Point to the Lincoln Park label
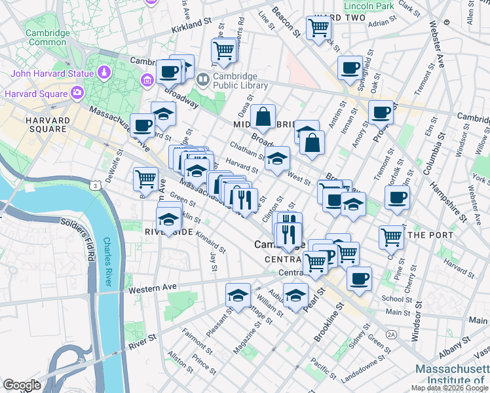[368, 6]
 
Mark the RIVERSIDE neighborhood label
[168, 233]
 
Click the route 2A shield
[392, 334]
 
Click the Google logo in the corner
[22, 385]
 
